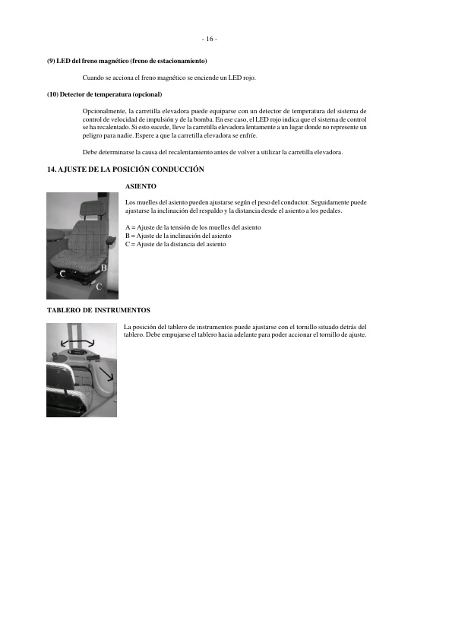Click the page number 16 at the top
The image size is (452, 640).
(x=210, y=39)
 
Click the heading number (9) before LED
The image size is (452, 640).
(x=51, y=60)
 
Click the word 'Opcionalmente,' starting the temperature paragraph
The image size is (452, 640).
(x=103, y=111)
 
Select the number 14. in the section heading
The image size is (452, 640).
(x=52, y=169)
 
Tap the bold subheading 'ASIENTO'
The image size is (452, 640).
(x=141, y=185)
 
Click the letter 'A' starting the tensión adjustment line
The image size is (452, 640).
(x=127, y=227)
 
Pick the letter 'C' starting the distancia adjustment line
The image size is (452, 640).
(x=127, y=244)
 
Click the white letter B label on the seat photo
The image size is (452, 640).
(x=103, y=268)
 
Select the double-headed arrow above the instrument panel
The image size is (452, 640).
(x=79, y=341)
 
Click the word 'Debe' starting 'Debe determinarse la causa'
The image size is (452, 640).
(x=90, y=152)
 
